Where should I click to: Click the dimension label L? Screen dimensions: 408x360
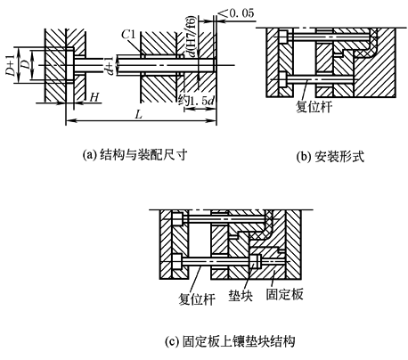[139, 114]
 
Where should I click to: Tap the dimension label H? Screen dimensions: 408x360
[94, 97]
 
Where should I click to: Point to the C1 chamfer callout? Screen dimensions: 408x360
[128, 35]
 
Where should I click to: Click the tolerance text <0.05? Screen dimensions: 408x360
[237, 13]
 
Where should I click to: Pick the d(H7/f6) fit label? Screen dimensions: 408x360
[192, 36]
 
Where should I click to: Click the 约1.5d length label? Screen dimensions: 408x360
[196, 101]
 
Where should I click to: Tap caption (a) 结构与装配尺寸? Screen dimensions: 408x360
[135, 155]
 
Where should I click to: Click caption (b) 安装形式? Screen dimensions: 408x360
[330, 156]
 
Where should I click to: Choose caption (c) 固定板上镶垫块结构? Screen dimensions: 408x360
[230, 341]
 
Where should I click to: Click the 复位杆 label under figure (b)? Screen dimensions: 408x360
[314, 107]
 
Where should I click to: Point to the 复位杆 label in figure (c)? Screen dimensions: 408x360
[197, 299]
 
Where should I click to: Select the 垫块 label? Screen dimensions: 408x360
[241, 296]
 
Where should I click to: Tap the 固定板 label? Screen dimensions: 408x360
[284, 294]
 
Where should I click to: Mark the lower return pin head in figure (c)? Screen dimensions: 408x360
[177, 262]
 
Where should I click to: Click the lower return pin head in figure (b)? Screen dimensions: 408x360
[283, 79]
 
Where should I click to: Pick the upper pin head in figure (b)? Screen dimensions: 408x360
[283, 37]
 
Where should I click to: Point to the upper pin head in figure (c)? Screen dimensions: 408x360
[177, 219]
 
